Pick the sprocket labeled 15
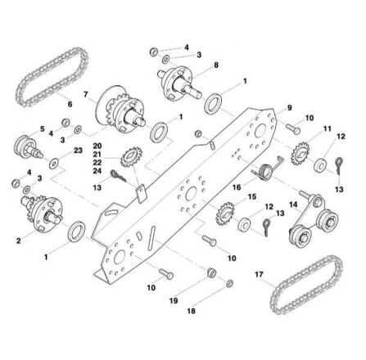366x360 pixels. [x=225, y=215]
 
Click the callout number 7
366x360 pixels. [x=86, y=94]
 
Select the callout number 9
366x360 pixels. [x=290, y=108]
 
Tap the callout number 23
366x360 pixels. [x=78, y=151]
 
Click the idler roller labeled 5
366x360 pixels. [x=28, y=147]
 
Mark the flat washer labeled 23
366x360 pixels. [x=54, y=164]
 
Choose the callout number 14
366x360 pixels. [x=294, y=205]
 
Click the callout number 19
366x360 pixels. [x=174, y=300]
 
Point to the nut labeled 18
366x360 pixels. [x=229, y=284]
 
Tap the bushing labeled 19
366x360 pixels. [x=212, y=272]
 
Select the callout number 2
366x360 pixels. [x=19, y=241]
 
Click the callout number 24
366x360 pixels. [x=97, y=171]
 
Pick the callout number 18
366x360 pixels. [x=191, y=311]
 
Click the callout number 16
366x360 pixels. [x=237, y=187]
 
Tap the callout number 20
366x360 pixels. [x=97, y=146]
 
